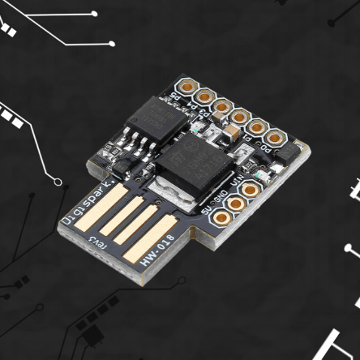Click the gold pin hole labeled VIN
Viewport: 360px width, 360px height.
[x=253, y=191]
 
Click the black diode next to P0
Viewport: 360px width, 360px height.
[x=287, y=153]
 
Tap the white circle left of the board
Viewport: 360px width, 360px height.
[x=58, y=181]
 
